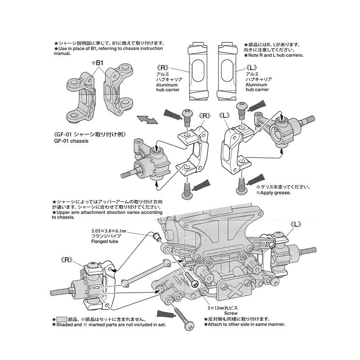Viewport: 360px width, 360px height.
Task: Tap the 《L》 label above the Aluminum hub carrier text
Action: (x=252, y=68)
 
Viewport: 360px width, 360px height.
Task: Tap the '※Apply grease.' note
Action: (x=274, y=193)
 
